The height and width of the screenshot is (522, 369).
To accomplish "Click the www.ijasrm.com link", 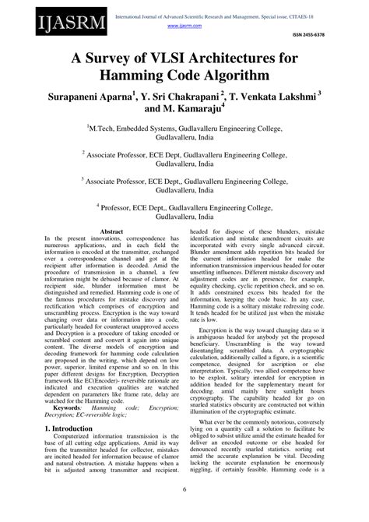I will pyautogui.click(x=181, y=26).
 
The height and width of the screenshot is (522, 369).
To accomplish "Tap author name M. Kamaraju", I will pyautogui.click(x=188, y=114).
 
